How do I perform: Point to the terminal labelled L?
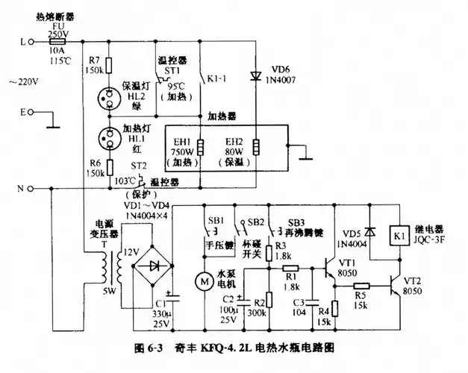point(22,43)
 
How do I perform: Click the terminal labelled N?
point(22,188)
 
